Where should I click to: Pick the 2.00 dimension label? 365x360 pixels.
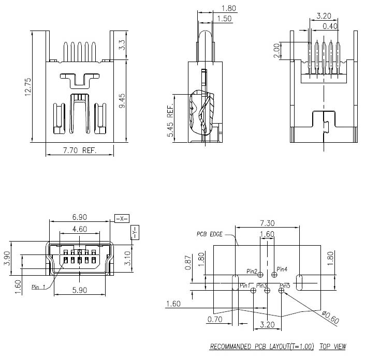276,51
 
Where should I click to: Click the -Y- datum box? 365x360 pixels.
134,233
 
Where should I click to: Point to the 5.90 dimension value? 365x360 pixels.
79,291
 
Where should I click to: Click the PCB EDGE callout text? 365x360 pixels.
209,234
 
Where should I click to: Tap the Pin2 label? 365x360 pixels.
252,271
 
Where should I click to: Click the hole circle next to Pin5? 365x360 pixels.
281,291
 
